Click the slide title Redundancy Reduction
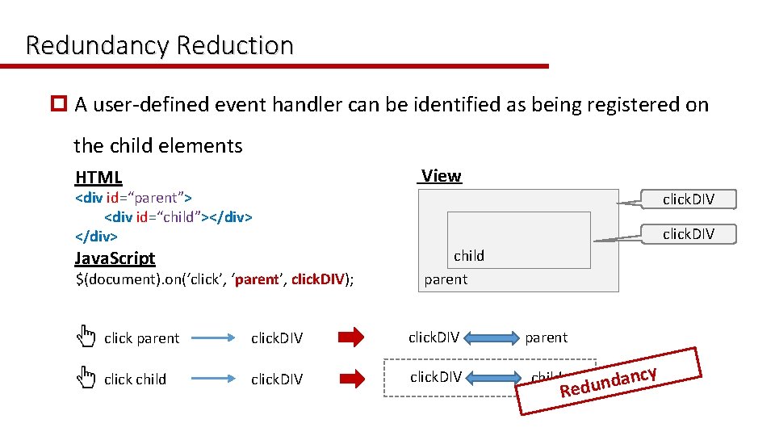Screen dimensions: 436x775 (x=159, y=45)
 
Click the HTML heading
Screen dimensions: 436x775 (x=98, y=178)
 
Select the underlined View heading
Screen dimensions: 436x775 (x=441, y=176)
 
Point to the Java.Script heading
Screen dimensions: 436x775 (x=115, y=258)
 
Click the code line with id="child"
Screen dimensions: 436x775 (x=178, y=216)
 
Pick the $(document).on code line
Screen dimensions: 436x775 (x=215, y=279)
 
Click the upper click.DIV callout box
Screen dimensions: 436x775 (x=688, y=199)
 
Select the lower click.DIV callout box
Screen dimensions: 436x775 (x=688, y=233)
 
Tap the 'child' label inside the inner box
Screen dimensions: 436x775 (x=468, y=256)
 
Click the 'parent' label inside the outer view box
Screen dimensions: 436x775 (x=446, y=279)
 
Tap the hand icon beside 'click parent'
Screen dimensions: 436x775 (x=86, y=335)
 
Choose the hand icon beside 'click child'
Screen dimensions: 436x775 (x=86, y=376)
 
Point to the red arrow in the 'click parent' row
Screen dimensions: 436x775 (x=350, y=337)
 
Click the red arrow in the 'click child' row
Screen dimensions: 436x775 (x=350, y=378)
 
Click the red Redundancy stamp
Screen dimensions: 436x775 (x=610, y=380)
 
